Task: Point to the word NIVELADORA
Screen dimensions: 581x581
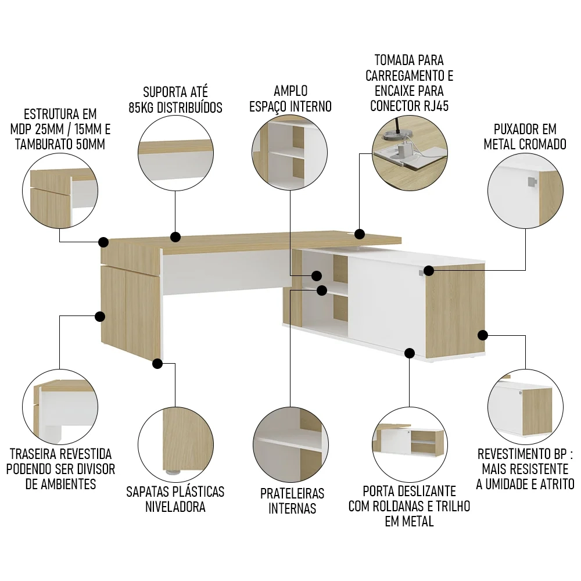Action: [175, 507]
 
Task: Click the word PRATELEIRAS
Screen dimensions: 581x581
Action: [292, 493]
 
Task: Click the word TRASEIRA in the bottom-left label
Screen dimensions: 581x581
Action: [33, 454]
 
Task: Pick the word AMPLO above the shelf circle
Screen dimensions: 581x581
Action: [291, 91]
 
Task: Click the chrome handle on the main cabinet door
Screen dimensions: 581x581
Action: [421, 273]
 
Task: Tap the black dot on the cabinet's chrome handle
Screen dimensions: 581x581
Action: [429, 271]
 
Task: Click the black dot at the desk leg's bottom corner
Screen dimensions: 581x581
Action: [157, 364]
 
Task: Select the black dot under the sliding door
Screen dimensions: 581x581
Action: [410, 353]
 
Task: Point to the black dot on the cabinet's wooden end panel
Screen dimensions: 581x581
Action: [482, 335]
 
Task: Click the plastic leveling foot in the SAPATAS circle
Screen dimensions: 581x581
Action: [171, 472]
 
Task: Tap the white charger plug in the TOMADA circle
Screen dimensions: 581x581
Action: [403, 150]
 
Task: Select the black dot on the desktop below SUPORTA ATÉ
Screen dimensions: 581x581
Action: [175, 237]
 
